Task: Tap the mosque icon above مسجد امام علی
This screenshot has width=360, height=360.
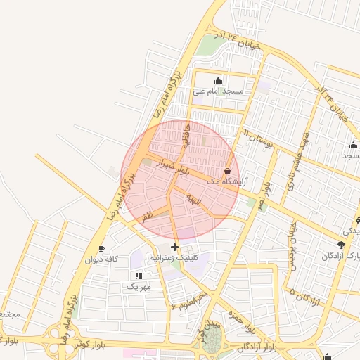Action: pos(218,79)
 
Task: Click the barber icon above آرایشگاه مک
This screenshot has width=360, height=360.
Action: pos(227,171)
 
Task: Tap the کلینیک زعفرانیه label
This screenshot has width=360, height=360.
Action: pos(175,259)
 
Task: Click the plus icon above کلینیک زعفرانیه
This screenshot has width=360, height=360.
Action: pos(175,247)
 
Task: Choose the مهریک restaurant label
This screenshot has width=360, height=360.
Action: pos(139,287)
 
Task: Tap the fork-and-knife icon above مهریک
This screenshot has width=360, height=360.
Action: pos(139,276)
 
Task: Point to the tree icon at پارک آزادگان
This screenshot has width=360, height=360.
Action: pos(342,245)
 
